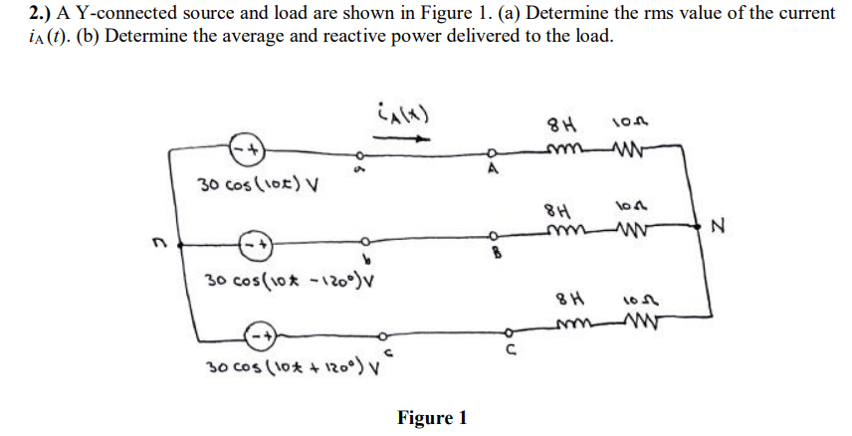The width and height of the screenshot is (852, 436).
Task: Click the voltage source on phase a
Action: pyautogui.click(x=246, y=150)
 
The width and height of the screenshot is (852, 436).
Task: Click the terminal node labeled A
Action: pyautogui.click(x=491, y=153)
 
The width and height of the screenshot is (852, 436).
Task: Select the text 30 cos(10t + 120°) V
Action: pyautogui.click(x=282, y=368)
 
